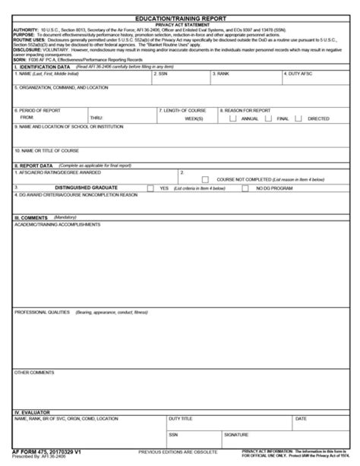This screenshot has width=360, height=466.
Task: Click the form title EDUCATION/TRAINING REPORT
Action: coord(180,17)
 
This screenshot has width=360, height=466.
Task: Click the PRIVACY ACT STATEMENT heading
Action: coord(180,23)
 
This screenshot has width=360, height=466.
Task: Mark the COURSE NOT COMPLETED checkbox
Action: coord(205,179)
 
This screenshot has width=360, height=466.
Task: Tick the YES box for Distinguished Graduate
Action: coord(150,187)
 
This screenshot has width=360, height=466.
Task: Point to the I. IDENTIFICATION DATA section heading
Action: coord(43,68)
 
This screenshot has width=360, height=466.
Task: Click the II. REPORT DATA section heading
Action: coord(34,165)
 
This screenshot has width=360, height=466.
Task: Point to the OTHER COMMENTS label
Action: coord(33,373)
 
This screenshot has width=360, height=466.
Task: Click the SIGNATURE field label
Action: coord(236,435)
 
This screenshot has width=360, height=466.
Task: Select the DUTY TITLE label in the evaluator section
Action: coord(182,419)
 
